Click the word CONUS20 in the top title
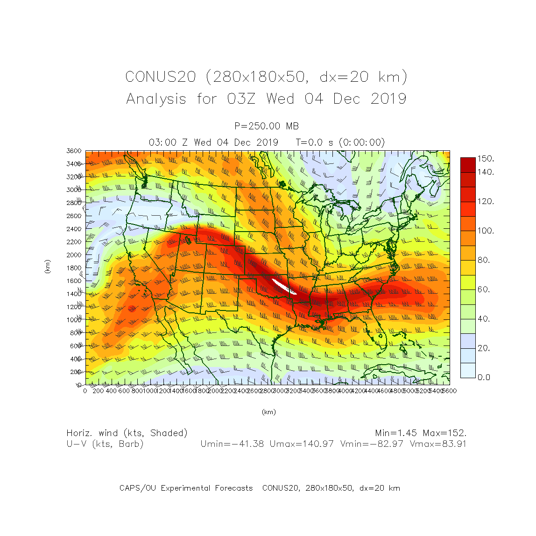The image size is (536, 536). tap(160, 77)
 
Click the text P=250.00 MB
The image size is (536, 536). tap(267, 126)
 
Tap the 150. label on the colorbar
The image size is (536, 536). tap(486, 159)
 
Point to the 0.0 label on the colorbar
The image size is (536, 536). tap(484, 377)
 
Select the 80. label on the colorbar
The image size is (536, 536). tap(484, 260)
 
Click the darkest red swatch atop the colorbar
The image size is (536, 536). tap(468, 165)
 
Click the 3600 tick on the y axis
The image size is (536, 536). tap(73, 151)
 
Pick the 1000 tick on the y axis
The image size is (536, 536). tap(74, 320)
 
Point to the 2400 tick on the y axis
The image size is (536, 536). tap(74, 229)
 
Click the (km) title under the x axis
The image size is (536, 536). tap(268, 412)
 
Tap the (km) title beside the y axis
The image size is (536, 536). tap(47, 267)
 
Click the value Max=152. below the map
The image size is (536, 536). tap(444, 433)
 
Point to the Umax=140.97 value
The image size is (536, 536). tap(302, 444)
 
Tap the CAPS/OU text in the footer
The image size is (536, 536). tap(137, 488)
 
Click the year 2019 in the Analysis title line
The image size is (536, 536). tap(388, 99)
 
